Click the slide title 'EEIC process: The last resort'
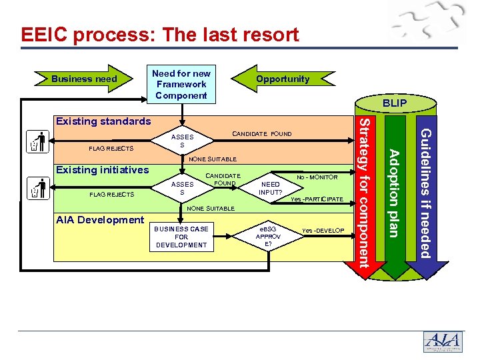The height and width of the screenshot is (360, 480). click(160, 35)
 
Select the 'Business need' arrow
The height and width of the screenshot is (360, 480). click(84, 79)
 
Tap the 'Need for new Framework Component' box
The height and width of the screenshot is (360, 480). click(181, 85)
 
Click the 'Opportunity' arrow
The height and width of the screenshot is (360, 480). click(283, 79)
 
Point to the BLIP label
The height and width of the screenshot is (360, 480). click(394, 104)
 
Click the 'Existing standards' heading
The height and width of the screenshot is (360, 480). click(103, 121)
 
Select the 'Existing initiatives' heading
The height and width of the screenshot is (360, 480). click(102, 170)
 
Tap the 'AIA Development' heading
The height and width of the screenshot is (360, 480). click(100, 219)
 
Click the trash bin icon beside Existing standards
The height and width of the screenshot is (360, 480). click(39, 143)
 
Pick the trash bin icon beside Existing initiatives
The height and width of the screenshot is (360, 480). click(39, 189)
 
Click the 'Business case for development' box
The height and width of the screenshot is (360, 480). click(181, 237)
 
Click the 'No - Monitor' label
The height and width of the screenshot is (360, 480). click(317, 178)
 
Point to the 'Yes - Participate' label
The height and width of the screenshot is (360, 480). click(317, 200)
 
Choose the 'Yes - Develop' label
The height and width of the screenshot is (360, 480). click(323, 231)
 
